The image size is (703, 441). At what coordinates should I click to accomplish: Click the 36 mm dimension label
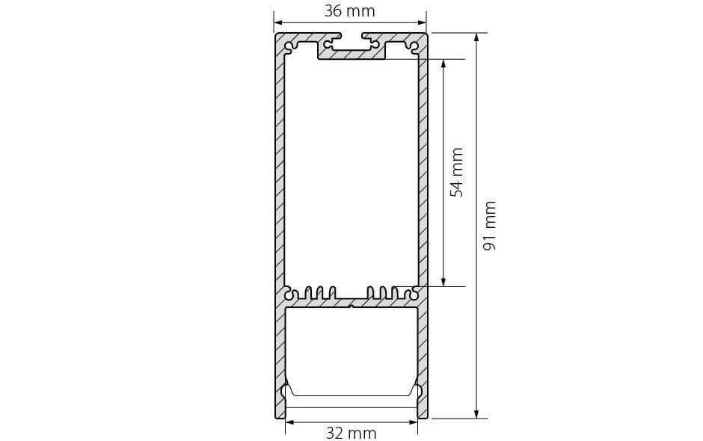tap(349, 10)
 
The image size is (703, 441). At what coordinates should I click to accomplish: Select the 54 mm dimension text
tap(456, 172)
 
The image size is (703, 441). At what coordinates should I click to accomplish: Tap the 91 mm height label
tap(489, 226)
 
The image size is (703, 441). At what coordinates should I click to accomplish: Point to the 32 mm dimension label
tap(351, 433)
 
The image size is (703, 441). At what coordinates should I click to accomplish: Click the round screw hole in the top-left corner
tap(288, 46)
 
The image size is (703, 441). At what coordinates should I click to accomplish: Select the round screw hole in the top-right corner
tap(414, 46)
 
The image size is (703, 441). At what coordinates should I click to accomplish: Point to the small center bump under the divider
tap(351, 306)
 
